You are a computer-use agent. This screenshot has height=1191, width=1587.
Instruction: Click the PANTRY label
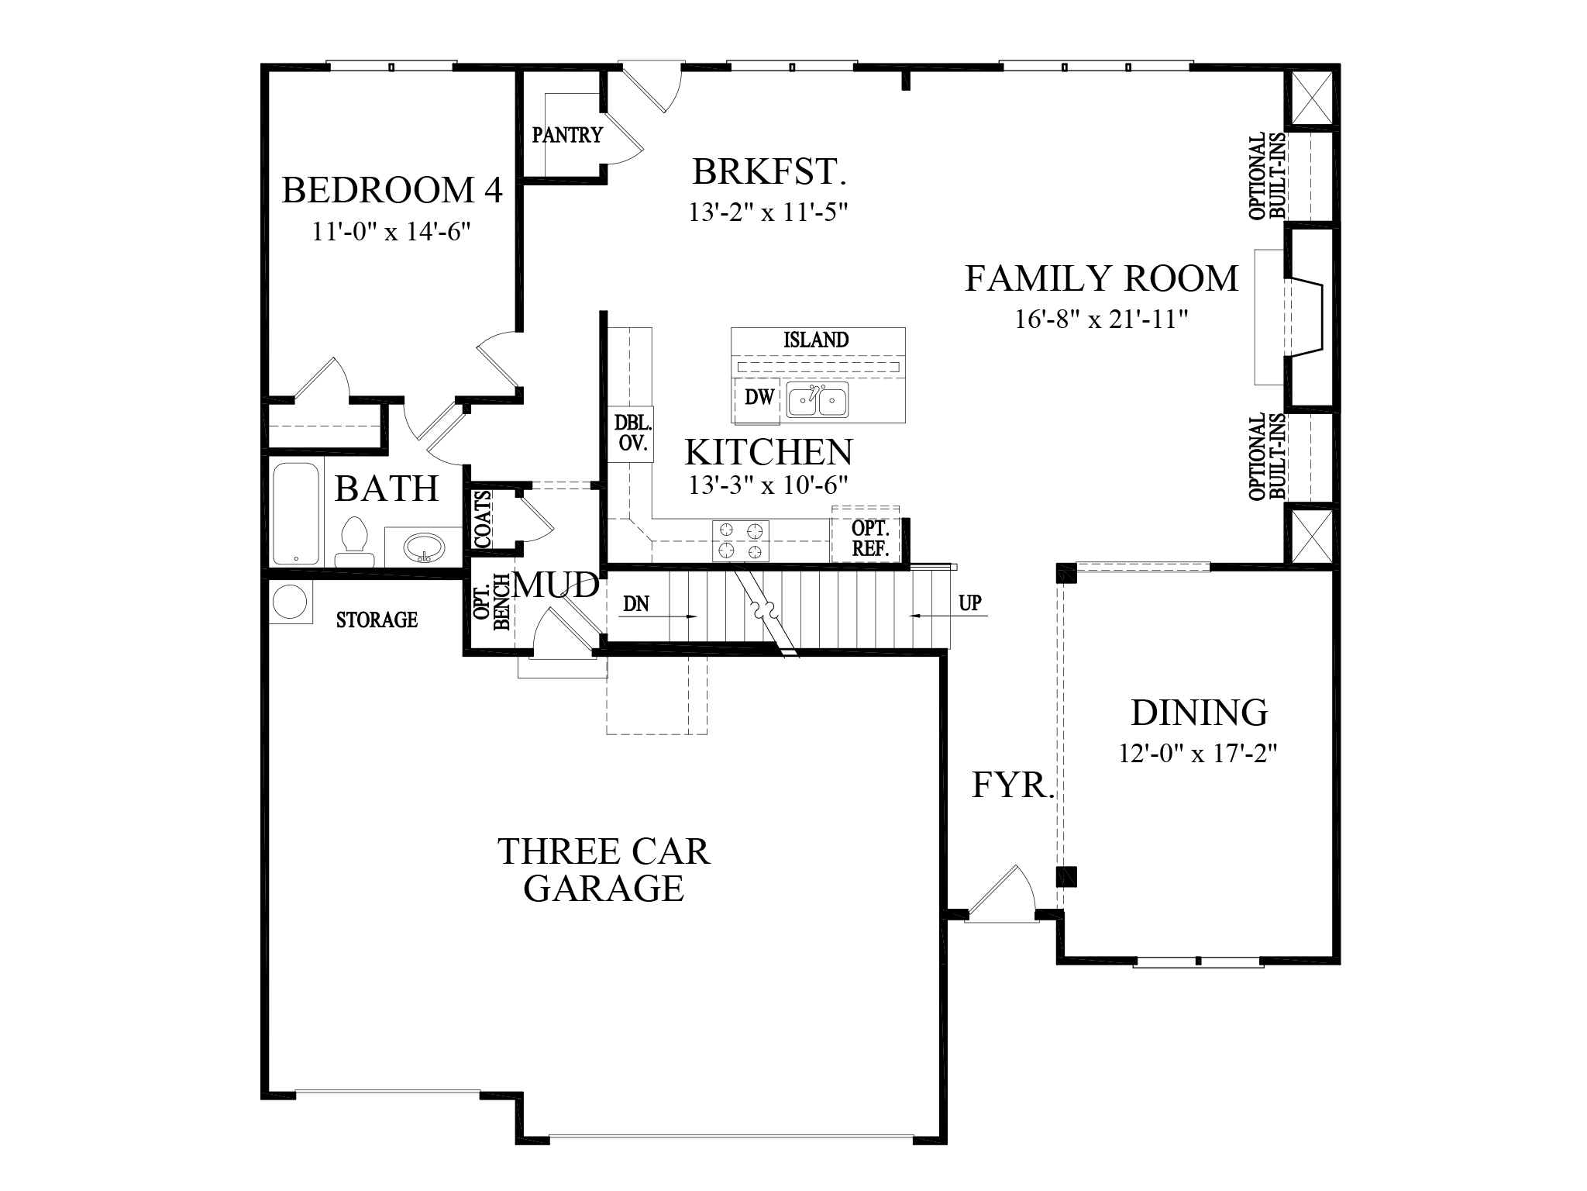tap(566, 136)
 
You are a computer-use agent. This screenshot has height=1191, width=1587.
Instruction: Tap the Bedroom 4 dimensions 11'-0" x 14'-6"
tap(392, 232)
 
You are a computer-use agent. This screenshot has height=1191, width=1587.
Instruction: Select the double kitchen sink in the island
tap(817, 400)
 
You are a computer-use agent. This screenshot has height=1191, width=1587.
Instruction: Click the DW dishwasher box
tap(759, 399)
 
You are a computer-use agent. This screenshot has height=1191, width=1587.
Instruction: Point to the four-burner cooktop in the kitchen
tap(740, 540)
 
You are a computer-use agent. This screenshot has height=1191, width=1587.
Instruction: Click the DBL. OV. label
tap(632, 434)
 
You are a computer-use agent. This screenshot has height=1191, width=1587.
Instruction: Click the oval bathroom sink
tap(424, 547)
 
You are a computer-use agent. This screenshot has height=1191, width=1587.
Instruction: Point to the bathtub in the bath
tap(295, 513)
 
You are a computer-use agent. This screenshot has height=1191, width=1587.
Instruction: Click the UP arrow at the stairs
tap(969, 603)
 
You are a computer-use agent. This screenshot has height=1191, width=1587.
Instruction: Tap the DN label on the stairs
tap(635, 604)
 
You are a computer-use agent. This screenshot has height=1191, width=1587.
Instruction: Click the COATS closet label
tap(482, 519)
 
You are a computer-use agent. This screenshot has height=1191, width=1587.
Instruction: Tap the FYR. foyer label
tap(1013, 785)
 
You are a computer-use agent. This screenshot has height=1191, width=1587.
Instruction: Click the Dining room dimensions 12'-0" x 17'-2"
tap(1197, 753)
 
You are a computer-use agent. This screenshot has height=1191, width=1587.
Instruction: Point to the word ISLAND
tap(815, 340)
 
